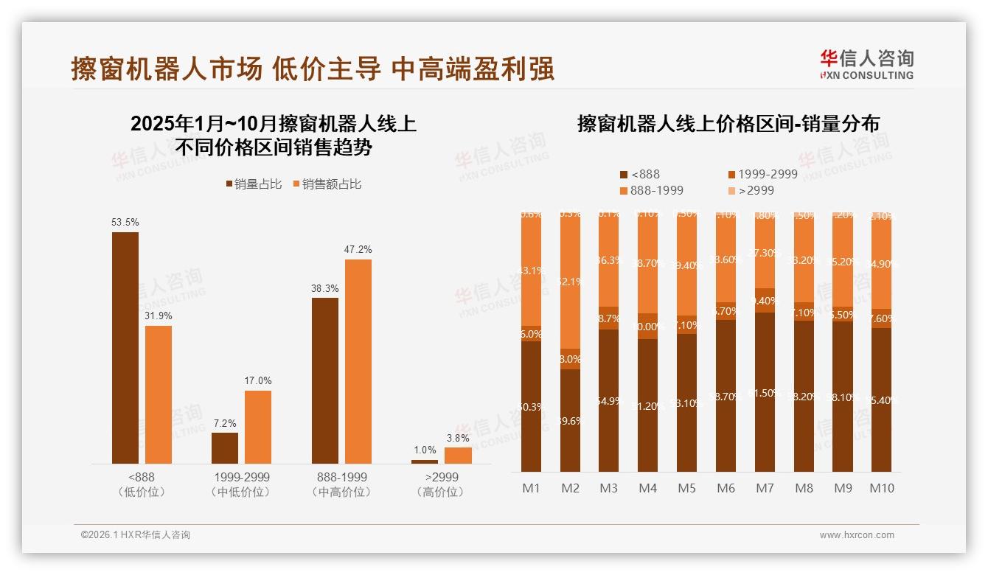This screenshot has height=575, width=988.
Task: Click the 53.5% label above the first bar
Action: coord(125,222)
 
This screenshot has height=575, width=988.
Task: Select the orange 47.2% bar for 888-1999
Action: coord(358,361)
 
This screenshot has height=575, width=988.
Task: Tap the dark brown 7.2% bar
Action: coord(225,447)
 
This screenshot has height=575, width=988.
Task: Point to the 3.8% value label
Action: coord(457,438)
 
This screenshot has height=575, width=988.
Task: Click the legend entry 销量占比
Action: coord(253,184)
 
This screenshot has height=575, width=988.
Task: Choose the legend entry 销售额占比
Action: coord(326,184)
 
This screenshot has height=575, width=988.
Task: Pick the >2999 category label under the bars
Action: coord(442,477)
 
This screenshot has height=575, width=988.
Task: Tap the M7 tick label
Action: coord(765,488)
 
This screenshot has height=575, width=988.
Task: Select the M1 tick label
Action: coord(531,488)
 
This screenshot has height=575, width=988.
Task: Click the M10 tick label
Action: coord(881,488)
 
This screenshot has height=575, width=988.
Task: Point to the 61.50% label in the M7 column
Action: coord(765,393)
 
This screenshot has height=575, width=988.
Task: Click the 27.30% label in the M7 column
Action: coord(765,252)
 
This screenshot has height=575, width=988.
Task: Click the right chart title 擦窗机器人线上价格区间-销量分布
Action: coord(728,124)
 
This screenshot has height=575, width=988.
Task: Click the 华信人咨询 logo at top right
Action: coord(866,64)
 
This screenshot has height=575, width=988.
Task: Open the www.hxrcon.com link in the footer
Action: coord(857,535)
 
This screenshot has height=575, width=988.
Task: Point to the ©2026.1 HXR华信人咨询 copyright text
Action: coord(136,535)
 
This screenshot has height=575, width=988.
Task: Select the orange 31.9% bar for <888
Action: coord(159,394)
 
